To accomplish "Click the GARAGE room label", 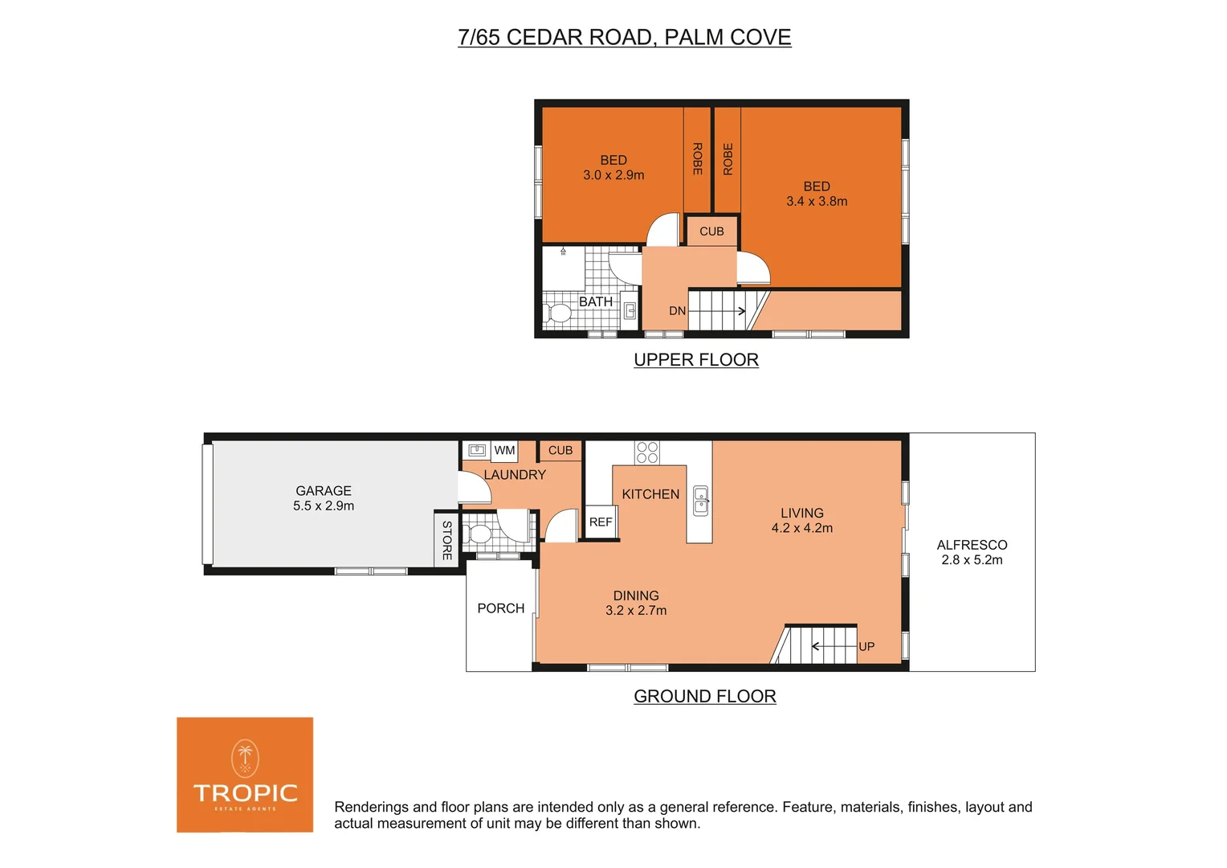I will tap(323, 490).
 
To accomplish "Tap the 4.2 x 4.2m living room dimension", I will tap(801, 528).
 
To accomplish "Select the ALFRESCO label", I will tap(972, 545).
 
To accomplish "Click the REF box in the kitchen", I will tap(601, 522).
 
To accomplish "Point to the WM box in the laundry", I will tap(504, 451).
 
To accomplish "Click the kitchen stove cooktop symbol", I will tap(647, 452).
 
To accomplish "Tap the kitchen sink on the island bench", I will tap(700, 501).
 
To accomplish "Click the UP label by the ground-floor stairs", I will tap(866, 646).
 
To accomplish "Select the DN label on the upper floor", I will tap(677, 311).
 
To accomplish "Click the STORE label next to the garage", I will tap(446, 540).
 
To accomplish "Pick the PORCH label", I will tap(500, 608).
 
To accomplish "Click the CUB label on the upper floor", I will tap(711, 231).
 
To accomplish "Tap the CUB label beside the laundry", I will tap(561, 451).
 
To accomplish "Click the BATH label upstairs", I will tap(595, 301).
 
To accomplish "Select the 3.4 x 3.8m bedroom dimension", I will tap(817, 202).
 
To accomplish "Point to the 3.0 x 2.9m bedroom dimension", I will tap(613, 175).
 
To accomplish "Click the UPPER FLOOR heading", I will tap(696, 360).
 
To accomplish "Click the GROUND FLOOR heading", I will tap(704, 697).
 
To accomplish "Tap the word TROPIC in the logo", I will tap(245, 793).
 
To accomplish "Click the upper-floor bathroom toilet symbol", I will tap(556, 313).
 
